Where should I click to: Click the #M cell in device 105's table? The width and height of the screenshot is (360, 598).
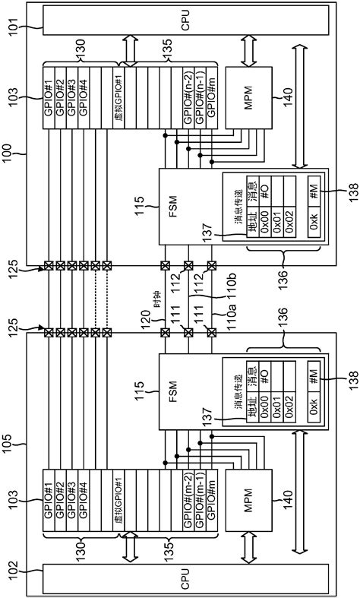[312, 375]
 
